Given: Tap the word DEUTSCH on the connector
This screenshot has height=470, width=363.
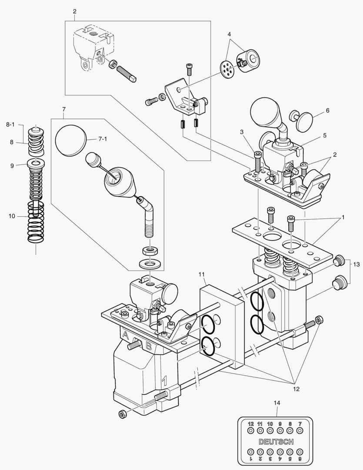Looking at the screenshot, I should click(x=276, y=442).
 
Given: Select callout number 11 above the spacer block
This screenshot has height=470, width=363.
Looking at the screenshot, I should click(x=201, y=274).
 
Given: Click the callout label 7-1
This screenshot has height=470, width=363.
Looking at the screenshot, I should click(x=103, y=139).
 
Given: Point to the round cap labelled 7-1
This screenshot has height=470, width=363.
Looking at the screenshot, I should click(x=71, y=140).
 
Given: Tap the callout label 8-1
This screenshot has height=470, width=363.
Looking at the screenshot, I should click(x=10, y=124).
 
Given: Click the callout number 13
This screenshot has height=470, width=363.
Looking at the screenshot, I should click(x=356, y=264).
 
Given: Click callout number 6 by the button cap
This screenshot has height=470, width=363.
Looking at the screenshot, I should click(x=327, y=111).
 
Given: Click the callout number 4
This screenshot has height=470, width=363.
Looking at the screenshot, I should click(x=229, y=34).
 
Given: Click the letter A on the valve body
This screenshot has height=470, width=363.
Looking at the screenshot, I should click(x=126, y=336).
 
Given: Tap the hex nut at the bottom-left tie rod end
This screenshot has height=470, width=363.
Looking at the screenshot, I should click(x=122, y=413).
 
